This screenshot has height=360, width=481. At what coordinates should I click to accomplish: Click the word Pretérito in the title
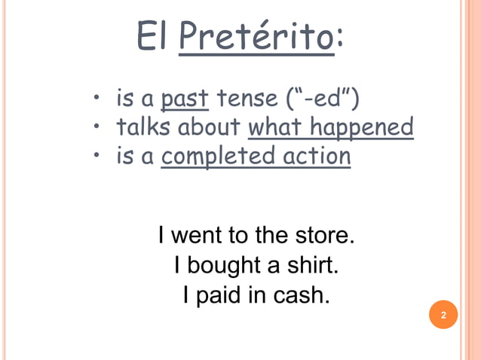[256, 35]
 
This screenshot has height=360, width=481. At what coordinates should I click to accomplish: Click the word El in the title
[153, 35]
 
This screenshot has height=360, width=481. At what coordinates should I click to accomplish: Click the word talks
[143, 127]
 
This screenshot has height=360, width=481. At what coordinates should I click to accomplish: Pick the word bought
[222, 265]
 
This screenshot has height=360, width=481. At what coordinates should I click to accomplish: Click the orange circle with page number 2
[443, 315]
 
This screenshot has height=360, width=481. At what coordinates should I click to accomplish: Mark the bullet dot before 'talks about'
[97, 127]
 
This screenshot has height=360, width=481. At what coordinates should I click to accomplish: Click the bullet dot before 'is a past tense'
[97, 98]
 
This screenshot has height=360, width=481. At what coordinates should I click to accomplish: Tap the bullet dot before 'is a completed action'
[97, 156]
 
